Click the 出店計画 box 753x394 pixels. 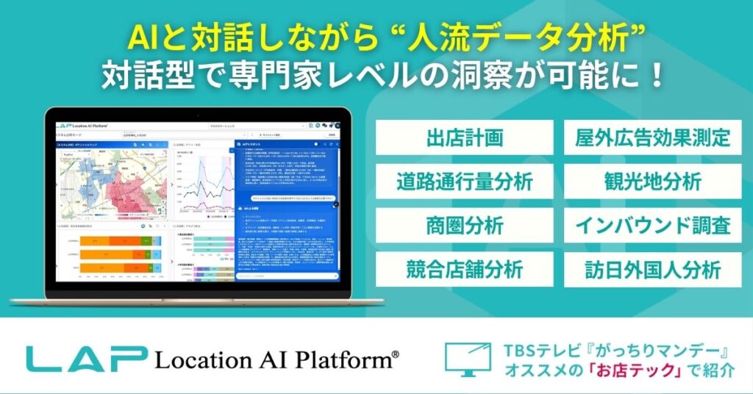[x=464, y=137]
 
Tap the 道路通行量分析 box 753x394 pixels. [x=464, y=182]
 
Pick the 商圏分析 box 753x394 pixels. [x=464, y=226]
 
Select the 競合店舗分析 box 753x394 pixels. [x=464, y=269]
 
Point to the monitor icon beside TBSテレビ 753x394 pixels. [x=468, y=357]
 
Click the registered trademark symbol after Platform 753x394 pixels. [x=396, y=354]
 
